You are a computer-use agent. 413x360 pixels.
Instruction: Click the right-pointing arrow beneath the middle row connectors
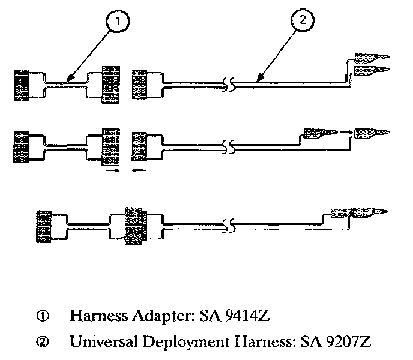point(111,171)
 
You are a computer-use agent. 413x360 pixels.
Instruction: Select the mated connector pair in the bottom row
point(136,225)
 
